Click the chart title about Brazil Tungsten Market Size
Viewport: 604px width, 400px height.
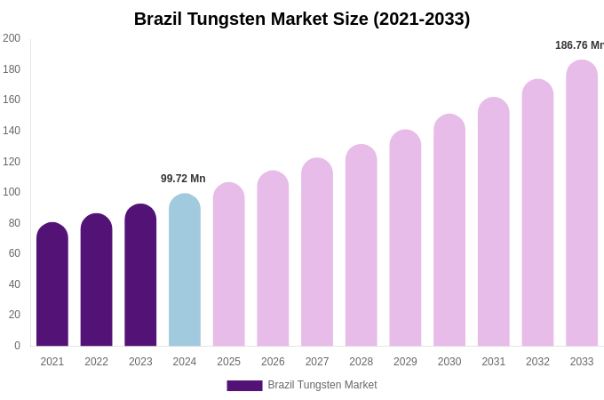pyautogui.click(x=302, y=19)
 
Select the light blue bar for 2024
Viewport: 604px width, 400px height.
pyautogui.click(x=185, y=271)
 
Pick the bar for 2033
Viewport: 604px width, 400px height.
pyautogui.click(x=582, y=204)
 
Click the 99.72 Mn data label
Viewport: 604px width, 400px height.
pyautogui.click(x=183, y=179)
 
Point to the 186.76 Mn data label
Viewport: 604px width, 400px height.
pyautogui.click(x=579, y=45)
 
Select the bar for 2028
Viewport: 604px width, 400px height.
pyautogui.click(x=362, y=246)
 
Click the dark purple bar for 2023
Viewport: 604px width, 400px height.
pyautogui.click(x=140, y=276)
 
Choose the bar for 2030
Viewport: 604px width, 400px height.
pyautogui.click(x=449, y=231)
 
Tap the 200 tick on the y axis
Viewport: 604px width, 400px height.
pyautogui.click(x=12, y=38)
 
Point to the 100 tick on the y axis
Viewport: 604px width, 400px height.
pyautogui.click(x=12, y=192)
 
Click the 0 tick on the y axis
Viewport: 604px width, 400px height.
pyautogui.click(x=17, y=346)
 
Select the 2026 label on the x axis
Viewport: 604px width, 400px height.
pyautogui.click(x=273, y=362)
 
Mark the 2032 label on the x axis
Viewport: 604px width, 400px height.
pyautogui.click(x=537, y=362)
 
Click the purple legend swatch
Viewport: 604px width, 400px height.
pyautogui.click(x=244, y=386)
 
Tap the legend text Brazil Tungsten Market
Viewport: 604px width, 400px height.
pyautogui.click(x=322, y=385)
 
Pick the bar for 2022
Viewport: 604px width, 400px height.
pyautogui.click(x=97, y=280)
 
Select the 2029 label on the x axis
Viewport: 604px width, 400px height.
pyautogui.click(x=405, y=362)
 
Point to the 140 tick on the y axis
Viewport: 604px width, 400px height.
pyautogui.click(x=12, y=131)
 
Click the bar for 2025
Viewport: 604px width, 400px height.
pyautogui.click(x=229, y=265)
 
